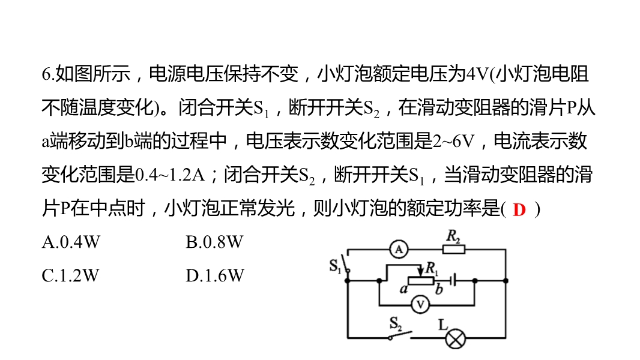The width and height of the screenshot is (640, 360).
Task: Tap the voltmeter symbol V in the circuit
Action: [x=420, y=305]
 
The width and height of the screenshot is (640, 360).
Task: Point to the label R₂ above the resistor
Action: [x=453, y=236]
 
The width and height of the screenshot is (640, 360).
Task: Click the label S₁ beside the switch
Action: [x=335, y=266]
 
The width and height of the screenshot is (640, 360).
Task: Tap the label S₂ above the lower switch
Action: [x=396, y=324]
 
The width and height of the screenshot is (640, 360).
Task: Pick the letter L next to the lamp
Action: [x=442, y=325]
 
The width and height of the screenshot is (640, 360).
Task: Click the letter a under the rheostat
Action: [x=403, y=289]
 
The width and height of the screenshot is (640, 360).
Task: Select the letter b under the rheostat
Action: [x=439, y=289]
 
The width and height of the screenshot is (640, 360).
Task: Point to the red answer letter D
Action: [x=519, y=210]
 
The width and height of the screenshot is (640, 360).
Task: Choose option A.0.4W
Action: [x=71, y=242]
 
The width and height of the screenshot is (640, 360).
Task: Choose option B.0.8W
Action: [x=214, y=242]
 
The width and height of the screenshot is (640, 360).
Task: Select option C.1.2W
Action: [x=71, y=275]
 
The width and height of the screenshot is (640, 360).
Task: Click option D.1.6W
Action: [x=215, y=275]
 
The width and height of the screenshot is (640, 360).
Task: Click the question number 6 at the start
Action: [x=46, y=74]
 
